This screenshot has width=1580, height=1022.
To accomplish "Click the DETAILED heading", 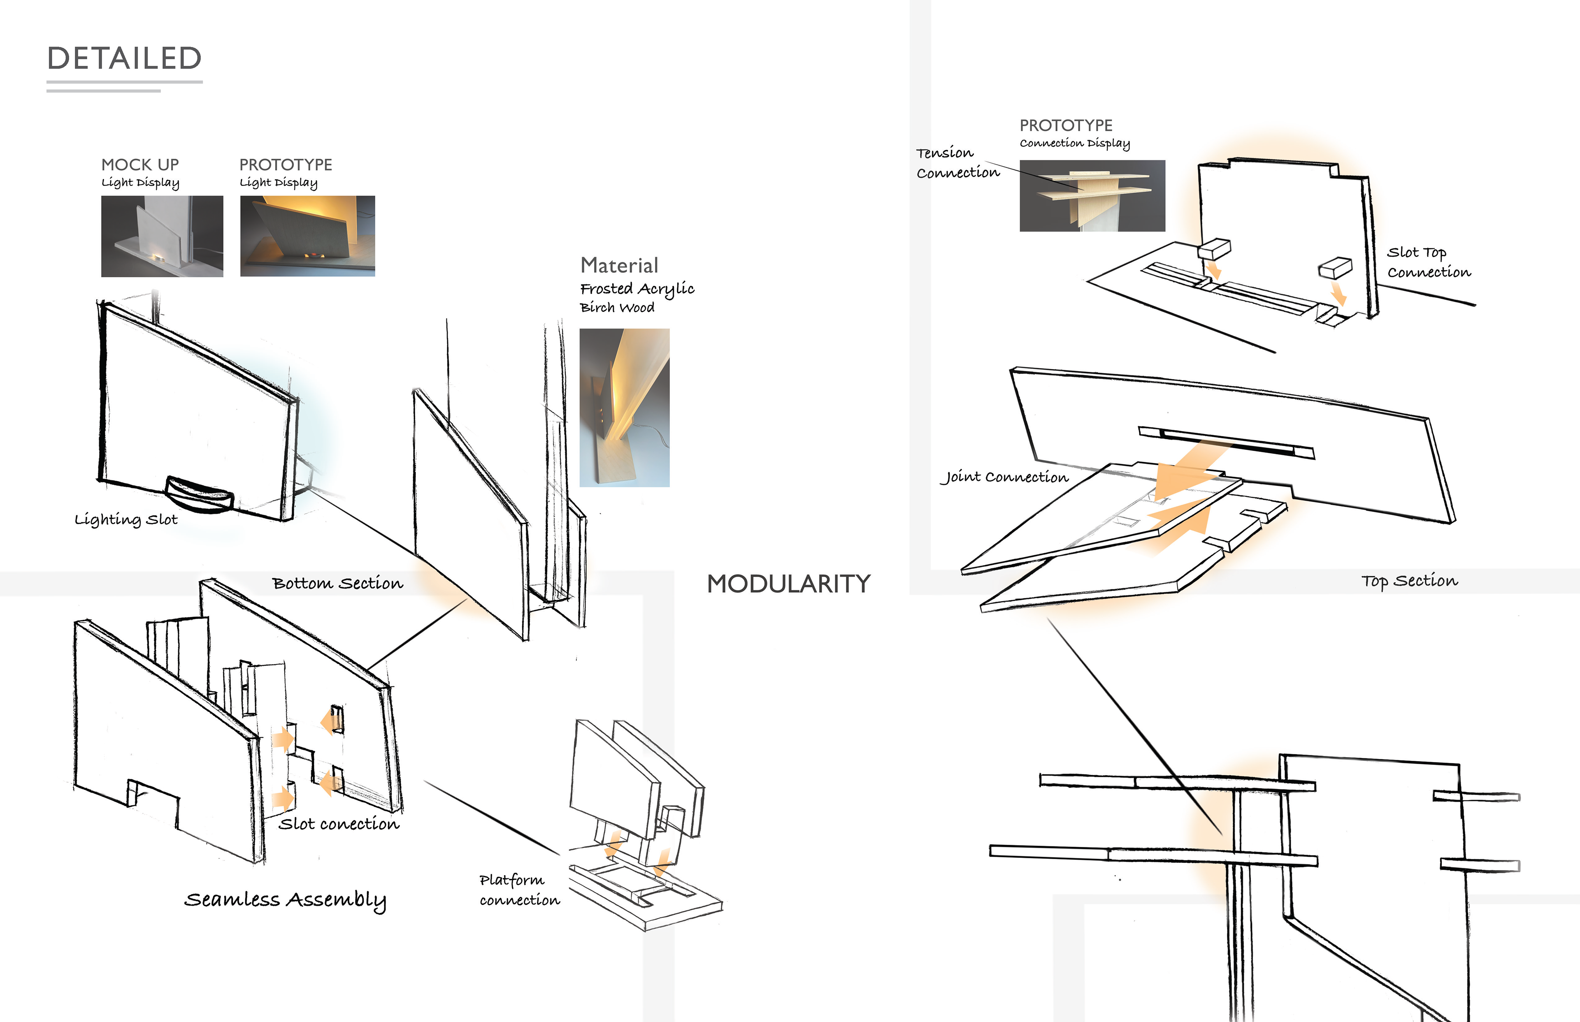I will [124, 58].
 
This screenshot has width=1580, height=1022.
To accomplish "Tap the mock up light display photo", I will [162, 236].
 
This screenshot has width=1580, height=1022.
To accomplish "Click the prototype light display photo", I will [307, 236].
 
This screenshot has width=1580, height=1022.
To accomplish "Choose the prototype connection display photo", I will [1092, 196].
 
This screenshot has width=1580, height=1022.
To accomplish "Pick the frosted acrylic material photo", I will [624, 408].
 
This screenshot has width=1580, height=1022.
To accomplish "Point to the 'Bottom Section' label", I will [337, 583].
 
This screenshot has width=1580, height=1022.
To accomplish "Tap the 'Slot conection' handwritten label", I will [339, 824].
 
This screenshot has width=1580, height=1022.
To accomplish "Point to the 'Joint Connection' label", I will [1004, 477].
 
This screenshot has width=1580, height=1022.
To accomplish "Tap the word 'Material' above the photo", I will [619, 265].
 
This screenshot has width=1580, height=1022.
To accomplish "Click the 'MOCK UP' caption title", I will [140, 165].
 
